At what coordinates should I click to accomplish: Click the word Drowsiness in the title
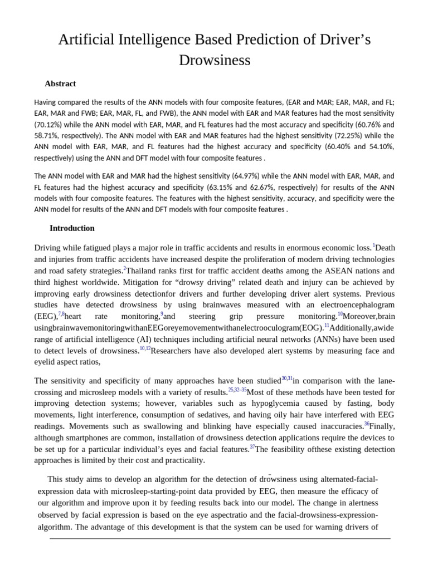click(x=215, y=60)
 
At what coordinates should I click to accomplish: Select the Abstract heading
click(x=60, y=83)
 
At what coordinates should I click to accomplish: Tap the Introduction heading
click(x=72, y=228)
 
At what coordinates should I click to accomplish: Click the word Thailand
click(x=143, y=271)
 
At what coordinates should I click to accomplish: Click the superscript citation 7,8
click(x=61, y=314)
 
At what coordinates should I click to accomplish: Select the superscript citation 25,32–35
click(x=237, y=390)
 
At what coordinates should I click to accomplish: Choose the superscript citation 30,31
click(x=286, y=379)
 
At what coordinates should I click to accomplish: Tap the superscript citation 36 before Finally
click(x=367, y=424)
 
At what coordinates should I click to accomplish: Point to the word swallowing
click(x=133, y=426)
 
